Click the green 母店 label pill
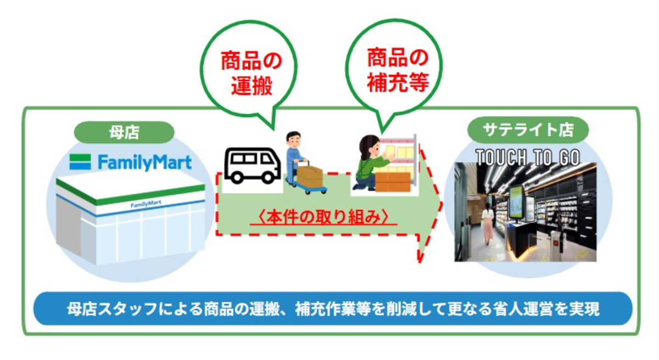point(124,132)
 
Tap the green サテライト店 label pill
point(528,130)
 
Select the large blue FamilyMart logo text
point(145,162)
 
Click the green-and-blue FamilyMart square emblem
point(80,162)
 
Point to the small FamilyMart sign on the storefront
point(146,204)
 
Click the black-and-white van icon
point(252,166)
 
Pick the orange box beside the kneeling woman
point(393,182)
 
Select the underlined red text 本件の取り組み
point(323,218)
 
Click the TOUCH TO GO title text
point(528,157)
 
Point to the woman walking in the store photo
point(488,223)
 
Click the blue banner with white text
point(333,308)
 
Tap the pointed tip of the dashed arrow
point(442,204)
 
